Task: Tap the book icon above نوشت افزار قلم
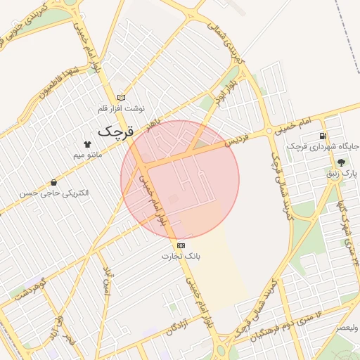click(121, 98)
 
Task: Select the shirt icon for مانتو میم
click(87, 143)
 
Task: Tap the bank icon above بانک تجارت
click(181, 245)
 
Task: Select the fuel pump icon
click(323, 136)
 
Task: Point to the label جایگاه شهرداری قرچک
click(323, 147)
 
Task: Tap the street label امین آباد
click(108, 281)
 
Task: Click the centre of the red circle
click(180, 180)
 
